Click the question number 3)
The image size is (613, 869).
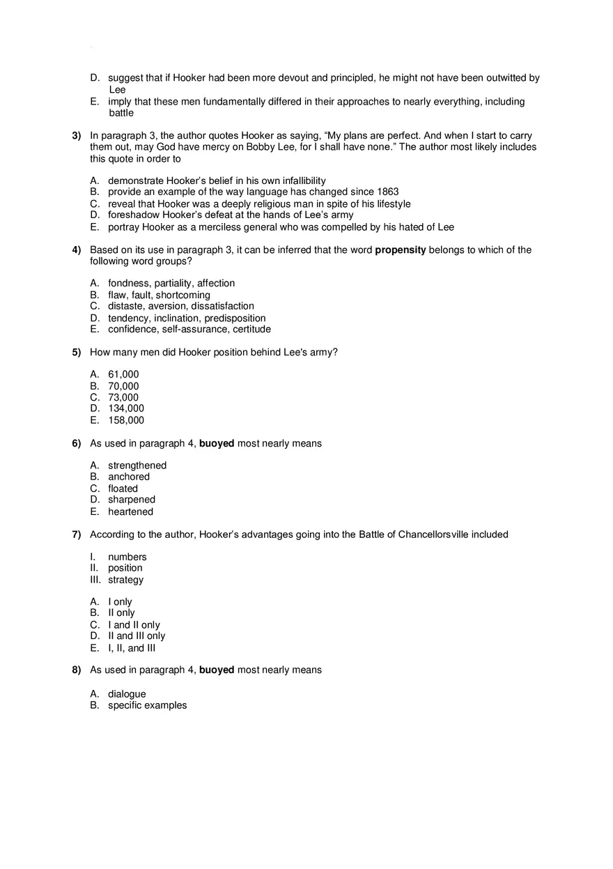[x=77, y=136]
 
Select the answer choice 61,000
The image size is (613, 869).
[x=123, y=375]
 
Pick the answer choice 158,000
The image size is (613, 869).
[x=126, y=420]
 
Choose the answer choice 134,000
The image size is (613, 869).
[x=126, y=408]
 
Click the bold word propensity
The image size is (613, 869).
[x=401, y=250]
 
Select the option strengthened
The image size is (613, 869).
[x=137, y=466]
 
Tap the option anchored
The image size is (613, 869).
[x=129, y=477]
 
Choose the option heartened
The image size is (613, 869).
[x=130, y=512]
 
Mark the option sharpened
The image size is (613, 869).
[x=132, y=500]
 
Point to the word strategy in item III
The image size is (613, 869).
[x=125, y=580]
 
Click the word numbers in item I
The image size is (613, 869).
[x=127, y=557]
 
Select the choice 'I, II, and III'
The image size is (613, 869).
[x=132, y=648]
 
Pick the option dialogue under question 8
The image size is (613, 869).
[x=127, y=694]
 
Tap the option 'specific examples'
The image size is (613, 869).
[x=147, y=705]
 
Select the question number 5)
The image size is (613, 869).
[x=77, y=352]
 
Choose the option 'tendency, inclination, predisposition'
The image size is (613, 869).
[x=187, y=318]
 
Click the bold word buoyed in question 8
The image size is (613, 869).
[x=217, y=670]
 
